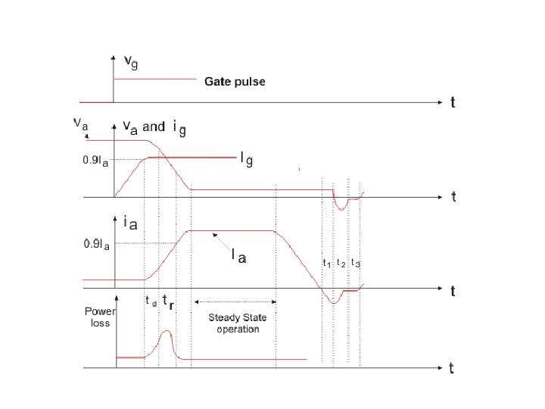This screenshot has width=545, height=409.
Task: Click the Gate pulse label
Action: click(x=235, y=82)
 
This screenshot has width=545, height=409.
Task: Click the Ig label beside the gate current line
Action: click(x=246, y=158)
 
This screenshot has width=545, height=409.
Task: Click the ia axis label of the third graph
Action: click(x=129, y=223)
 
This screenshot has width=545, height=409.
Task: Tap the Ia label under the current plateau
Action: click(x=238, y=258)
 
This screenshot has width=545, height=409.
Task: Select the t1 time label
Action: click(x=327, y=264)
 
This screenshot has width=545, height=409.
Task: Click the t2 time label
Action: click(x=341, y=264)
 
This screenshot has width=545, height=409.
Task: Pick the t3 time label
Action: click(x=355, y=264)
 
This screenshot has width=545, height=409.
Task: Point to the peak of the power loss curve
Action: click(x=167, y=332)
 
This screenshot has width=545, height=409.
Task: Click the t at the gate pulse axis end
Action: click(x=453, y=103)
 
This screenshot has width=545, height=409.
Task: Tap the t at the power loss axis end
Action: click(x=452, y=369)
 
